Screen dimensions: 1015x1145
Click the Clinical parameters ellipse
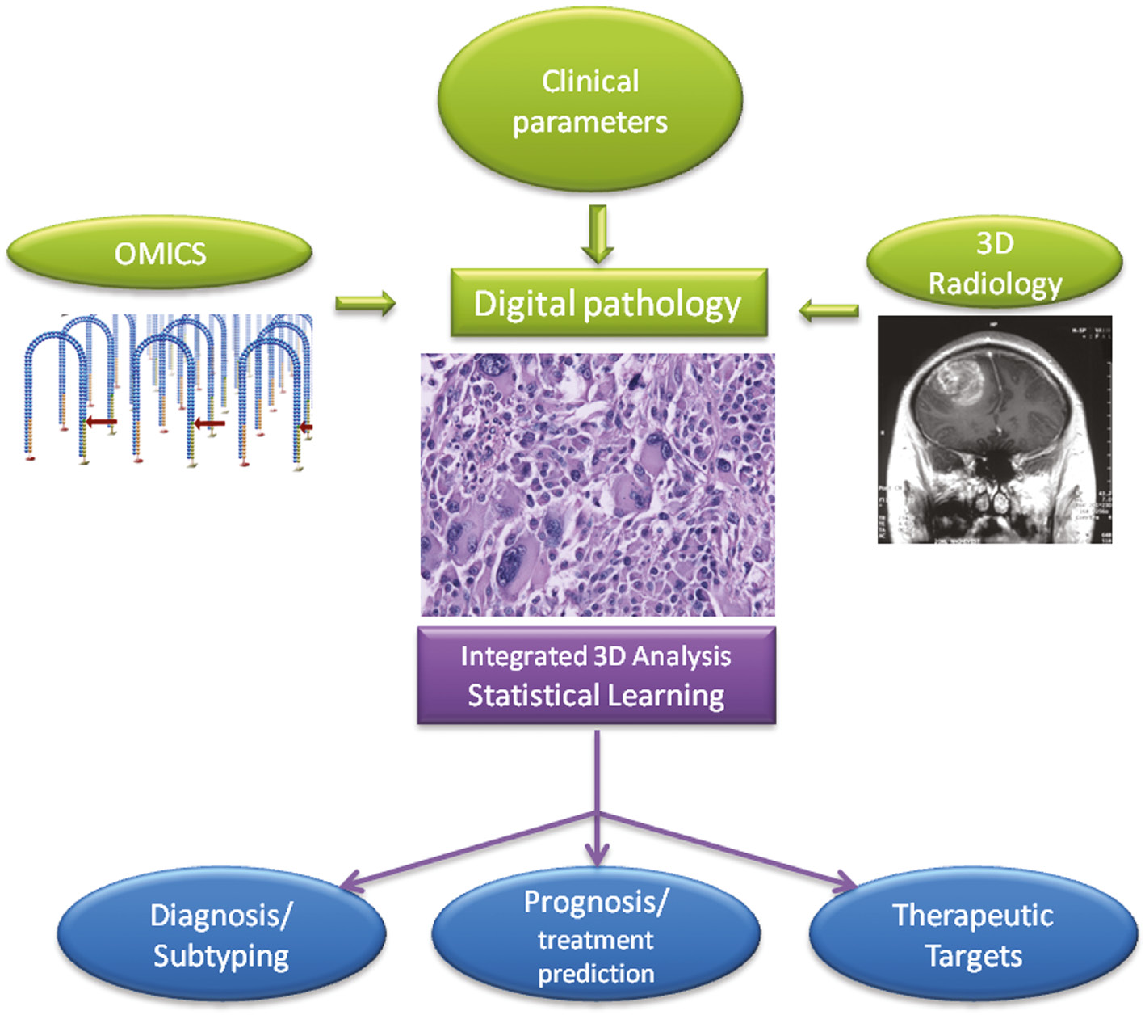[x=589, y=101]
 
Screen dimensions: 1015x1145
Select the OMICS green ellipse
[x=160, y=254]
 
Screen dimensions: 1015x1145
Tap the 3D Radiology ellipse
[x=994, y=263]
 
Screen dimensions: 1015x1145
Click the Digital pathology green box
[x=608, y=304]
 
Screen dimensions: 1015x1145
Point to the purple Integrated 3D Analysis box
[x=596, y=676]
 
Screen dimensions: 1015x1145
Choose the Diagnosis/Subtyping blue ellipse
[x=221, y=935]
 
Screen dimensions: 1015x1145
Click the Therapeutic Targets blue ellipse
[x=973, y=935]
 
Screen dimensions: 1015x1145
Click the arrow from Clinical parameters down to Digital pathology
[x=598, y=234]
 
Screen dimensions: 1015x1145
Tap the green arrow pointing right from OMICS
[x=366, y=304]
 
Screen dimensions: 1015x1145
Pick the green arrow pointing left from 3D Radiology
[x=829, y=310]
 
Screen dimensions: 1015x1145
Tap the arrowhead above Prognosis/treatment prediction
[x=597, y=854]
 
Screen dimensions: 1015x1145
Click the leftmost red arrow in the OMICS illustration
[x=102, y=421]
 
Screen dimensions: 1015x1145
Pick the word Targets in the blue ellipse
[x=973, y=956]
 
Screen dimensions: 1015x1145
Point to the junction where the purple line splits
[x=597, y=812]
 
